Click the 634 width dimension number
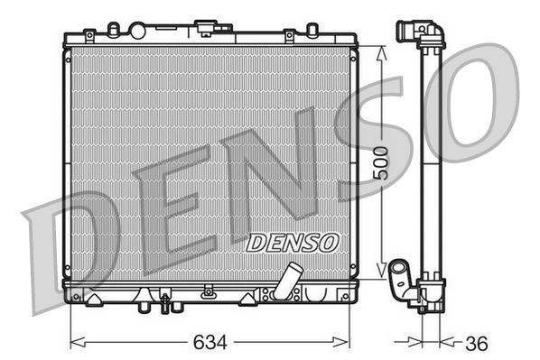(209, 342)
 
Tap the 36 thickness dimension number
(475, 343)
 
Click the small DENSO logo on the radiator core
(292, 241)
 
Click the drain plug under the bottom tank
(165, 306)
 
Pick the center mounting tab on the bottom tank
(209, 291)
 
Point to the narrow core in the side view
(430, 162)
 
